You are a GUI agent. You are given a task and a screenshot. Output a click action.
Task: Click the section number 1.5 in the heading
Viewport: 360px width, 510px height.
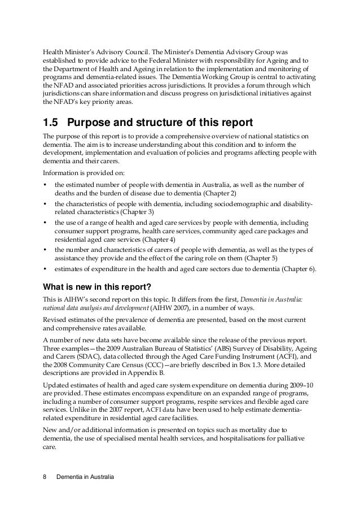pos(51,123)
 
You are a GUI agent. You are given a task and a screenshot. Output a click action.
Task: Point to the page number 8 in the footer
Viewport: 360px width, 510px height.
pos(45,478)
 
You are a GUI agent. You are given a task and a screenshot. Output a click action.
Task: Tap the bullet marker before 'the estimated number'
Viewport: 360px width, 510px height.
pos(45,185)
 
